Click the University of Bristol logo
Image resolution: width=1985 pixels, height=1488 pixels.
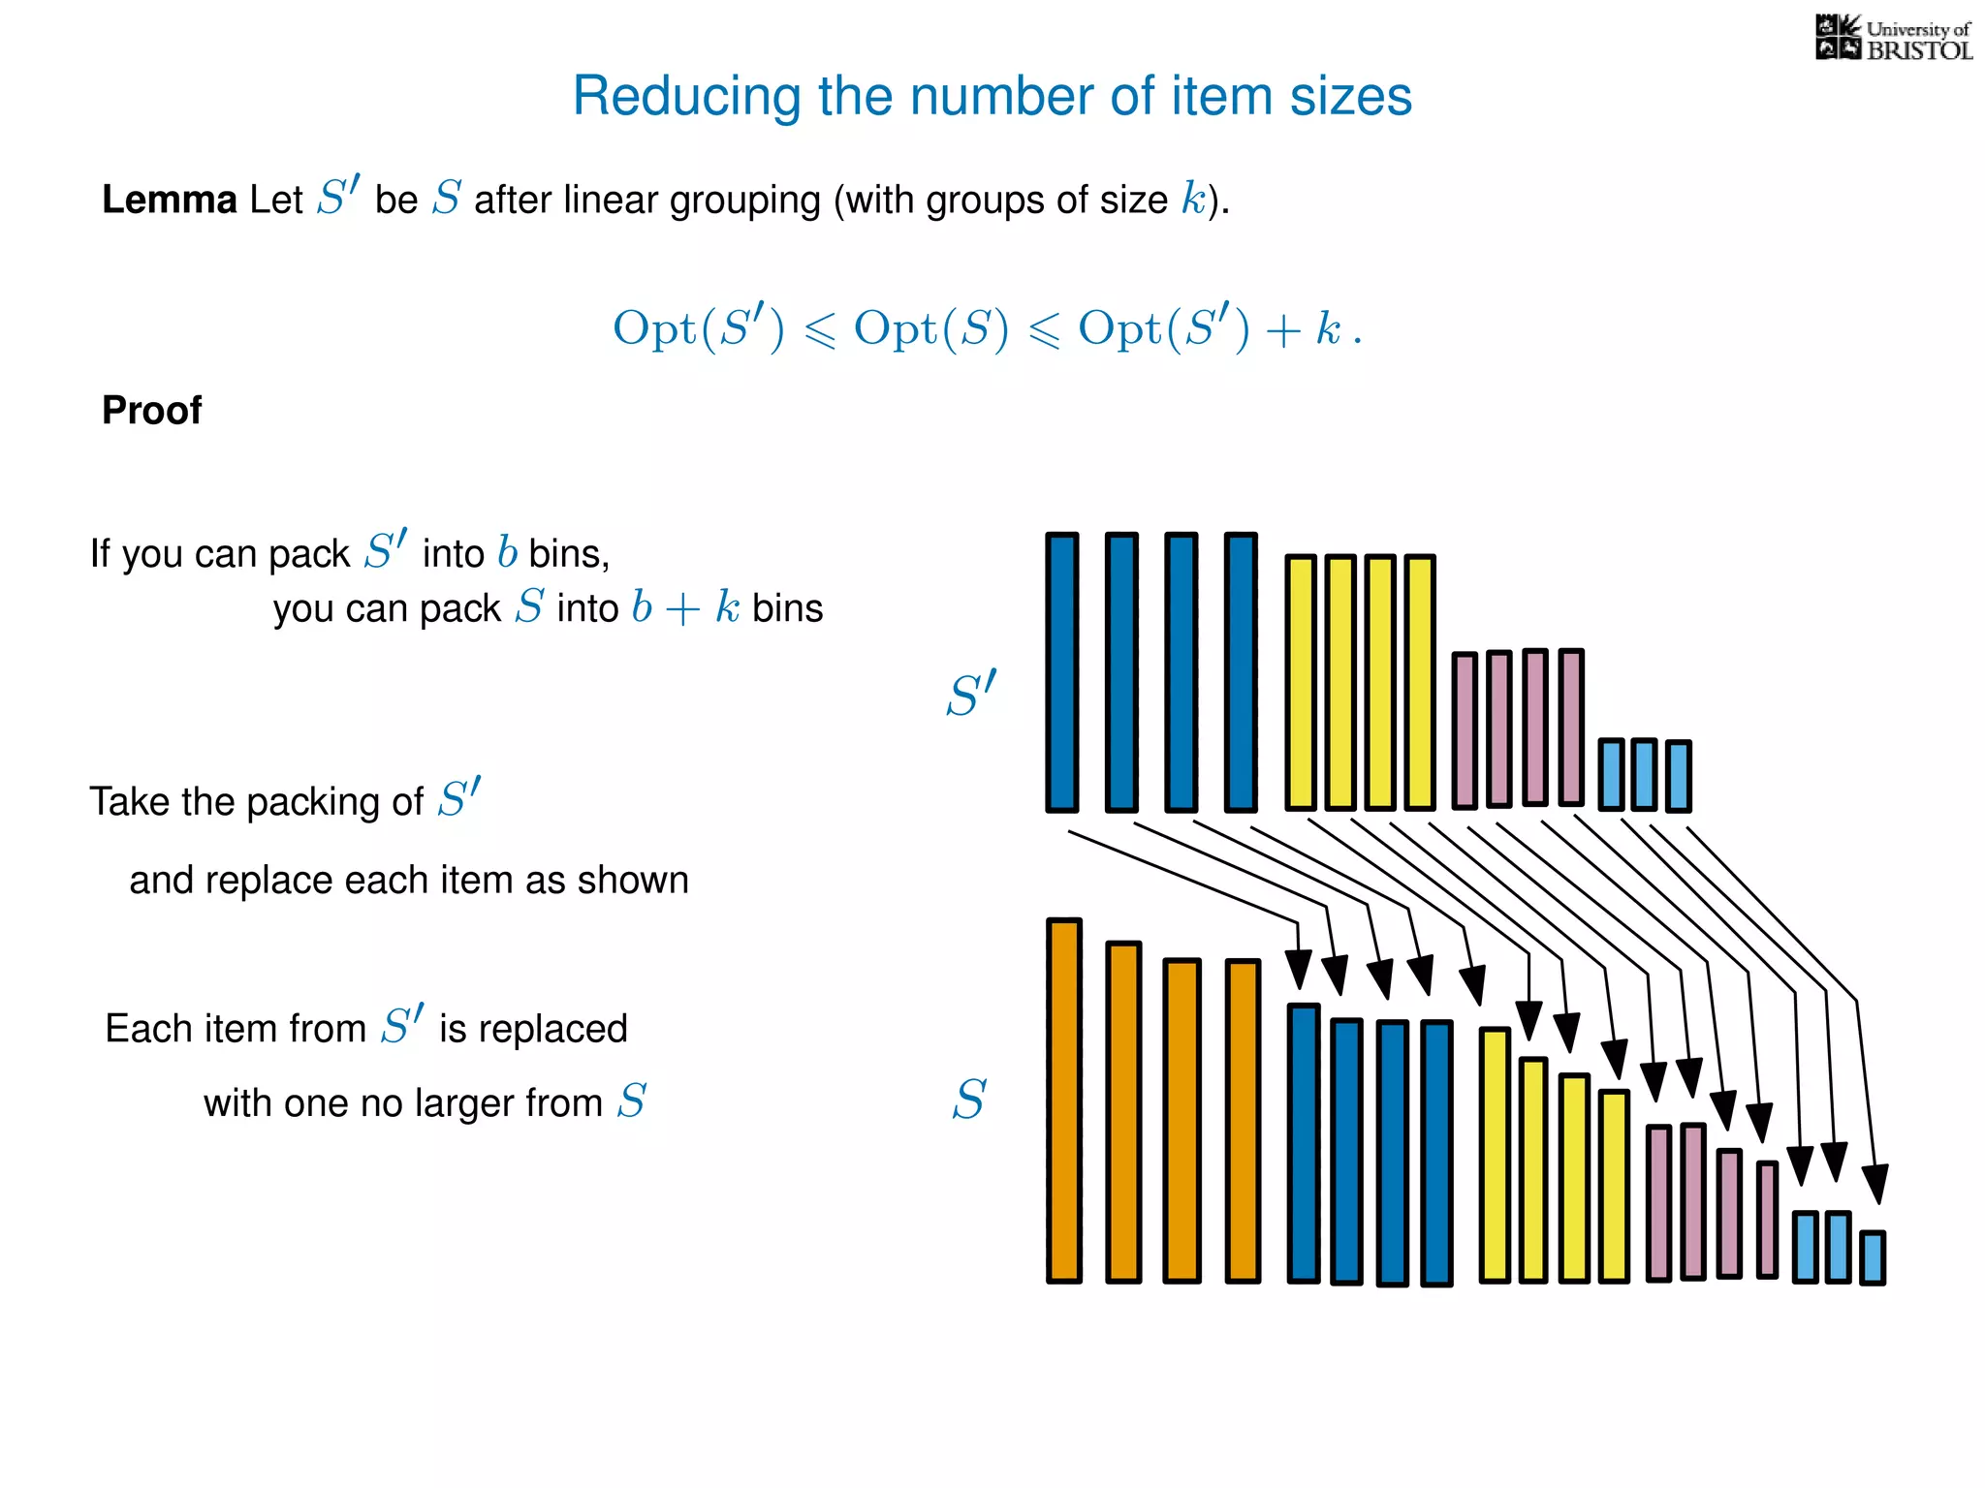point(1893,39)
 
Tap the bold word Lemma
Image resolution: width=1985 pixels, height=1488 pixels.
point(169,200)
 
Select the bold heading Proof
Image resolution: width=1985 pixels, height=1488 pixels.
point(151,411)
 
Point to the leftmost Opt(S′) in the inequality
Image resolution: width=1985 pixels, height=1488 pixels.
point(698,329)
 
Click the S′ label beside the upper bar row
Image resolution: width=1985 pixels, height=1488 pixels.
point(970,694)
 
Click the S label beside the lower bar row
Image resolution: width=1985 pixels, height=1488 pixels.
point(968,1100)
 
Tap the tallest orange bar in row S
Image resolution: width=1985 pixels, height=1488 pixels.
point(1063,1100)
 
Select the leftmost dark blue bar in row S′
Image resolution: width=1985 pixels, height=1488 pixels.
point(1062,672)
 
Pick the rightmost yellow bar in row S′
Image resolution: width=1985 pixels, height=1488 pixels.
point(1419,682)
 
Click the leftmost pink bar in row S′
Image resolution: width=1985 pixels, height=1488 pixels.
point(1465,730)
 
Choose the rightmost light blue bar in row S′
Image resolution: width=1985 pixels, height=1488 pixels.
point(1678,776)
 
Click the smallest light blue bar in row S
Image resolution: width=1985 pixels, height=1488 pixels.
point(1873,1257)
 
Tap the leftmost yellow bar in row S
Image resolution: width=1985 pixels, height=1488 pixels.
point(1495,1155)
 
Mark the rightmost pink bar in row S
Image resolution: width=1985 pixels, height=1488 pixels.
point(1767,1221)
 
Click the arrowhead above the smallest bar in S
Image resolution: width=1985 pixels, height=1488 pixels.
point(1875,1184)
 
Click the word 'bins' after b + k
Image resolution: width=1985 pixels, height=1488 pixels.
point(787,609)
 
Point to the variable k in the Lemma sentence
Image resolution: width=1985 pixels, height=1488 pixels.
point(1192,199)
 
